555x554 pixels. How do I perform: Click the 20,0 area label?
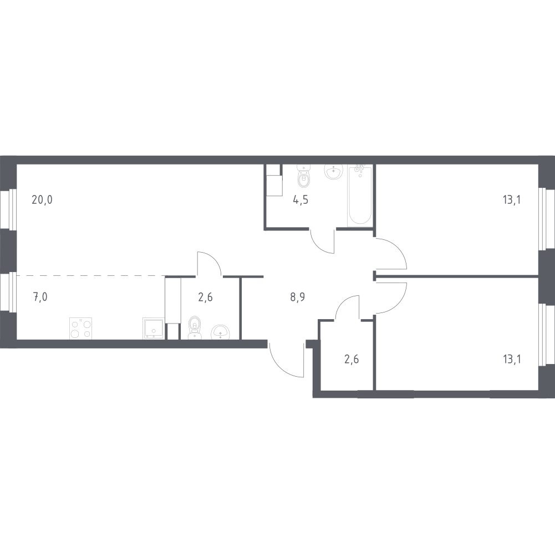(x=42, y=200)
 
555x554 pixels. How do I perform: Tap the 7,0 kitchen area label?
(x=40, y=297)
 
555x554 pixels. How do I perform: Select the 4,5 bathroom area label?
(x=301, y=200)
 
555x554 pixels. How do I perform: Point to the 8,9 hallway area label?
(x=298, y=297)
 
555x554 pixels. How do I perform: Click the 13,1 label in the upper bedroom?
(x=511, y=200)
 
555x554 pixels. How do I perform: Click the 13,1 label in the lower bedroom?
(x=511, y=360)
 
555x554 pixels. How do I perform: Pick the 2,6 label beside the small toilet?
(x=205, y=297)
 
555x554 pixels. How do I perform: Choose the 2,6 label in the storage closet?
(x=352, y=360)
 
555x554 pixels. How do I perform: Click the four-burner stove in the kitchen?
(x=81, y=329)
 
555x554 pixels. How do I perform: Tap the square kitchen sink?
(x=153, y=329)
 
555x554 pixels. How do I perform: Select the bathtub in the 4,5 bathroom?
(x=360, y=195)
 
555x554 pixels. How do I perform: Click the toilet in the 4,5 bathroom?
(x=303, y=177)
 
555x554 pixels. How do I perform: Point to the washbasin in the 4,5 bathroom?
(x=333, y=172)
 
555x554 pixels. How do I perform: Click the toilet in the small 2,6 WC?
(x=194, y=327)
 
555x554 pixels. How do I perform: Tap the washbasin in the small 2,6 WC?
(x=220, y=332)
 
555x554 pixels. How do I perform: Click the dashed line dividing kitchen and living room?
(x=90, y=275)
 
